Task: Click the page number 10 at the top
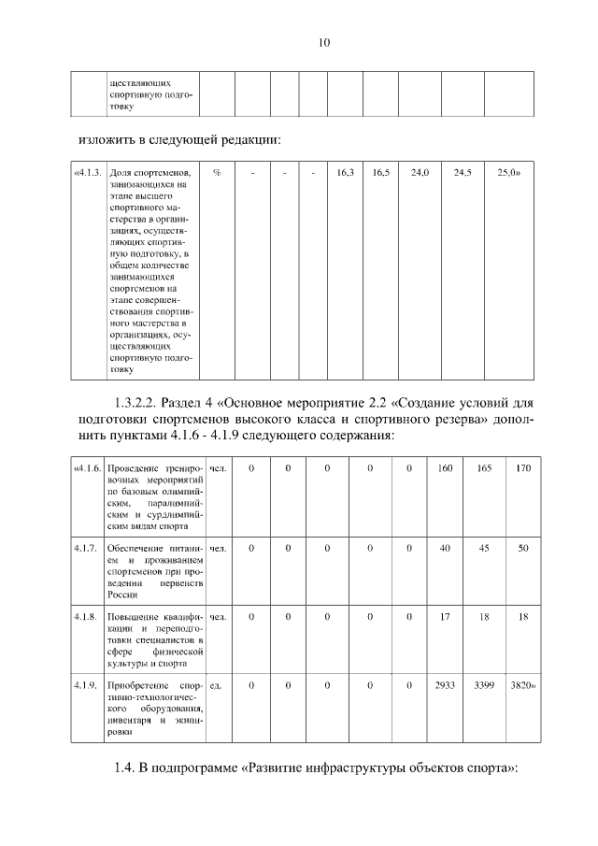[325, 42]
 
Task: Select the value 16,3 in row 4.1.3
[345, 173]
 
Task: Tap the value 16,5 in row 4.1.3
[380, 173]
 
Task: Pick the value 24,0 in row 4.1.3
[420, 173]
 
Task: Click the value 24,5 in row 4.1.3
[463, 173]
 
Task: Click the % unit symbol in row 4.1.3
[217, 173]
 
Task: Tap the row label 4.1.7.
[86, 548]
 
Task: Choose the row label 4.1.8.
[86, 617]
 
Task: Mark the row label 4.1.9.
[86, 686]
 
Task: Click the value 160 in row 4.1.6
[445, 467]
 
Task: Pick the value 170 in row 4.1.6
[522, 467]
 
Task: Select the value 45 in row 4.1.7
[484, 548]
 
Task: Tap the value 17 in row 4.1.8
[445, 617]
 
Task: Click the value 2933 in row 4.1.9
[445, 686]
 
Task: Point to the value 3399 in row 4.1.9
[484, 686]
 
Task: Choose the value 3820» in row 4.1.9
[522, 686]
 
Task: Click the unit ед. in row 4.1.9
[216, 686]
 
